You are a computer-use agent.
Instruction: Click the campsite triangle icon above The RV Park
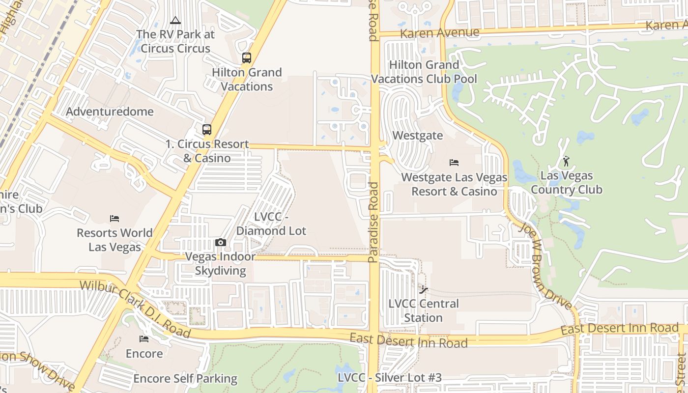point(175,21)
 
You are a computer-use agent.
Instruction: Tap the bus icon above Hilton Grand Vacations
point(247,58)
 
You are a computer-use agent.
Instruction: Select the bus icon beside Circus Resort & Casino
point(207,130)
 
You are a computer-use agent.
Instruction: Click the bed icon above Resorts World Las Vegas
point(115,219)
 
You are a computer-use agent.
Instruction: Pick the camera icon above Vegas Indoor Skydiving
point(221,242)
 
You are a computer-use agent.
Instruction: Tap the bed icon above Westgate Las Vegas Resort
point(454,162)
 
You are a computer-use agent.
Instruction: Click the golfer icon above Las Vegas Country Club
point(566,161)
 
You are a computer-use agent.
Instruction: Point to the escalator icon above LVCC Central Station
point(424,290)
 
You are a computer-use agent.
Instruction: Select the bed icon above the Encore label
point(144,339)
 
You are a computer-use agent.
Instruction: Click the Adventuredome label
point(110,112)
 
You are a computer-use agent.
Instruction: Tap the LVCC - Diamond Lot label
point(271,224)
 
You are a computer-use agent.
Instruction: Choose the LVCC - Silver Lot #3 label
point(390,378)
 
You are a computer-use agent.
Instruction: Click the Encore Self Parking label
point(185,379)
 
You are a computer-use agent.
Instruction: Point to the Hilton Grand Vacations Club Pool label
point(424,72)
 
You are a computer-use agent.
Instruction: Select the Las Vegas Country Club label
point(567,183)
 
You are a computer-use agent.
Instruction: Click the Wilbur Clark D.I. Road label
point(135,308)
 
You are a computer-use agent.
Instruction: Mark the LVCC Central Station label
point(424,310)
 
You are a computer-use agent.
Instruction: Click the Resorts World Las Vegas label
point(115,240)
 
